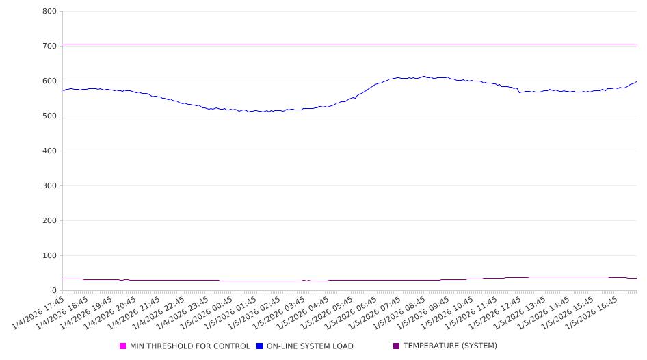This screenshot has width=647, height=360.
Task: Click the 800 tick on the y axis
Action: [49, 12]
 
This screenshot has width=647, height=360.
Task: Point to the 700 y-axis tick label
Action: [49, 47]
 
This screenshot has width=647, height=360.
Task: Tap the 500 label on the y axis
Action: [49, 116]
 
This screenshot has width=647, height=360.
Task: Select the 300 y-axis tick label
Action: [49, 186]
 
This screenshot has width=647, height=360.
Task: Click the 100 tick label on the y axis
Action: [49, 256]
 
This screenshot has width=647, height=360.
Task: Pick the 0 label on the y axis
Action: [53, 291]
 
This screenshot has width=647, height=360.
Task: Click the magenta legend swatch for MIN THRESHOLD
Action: [123, 346]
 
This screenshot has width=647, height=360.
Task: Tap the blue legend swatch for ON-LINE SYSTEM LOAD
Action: [260, 346]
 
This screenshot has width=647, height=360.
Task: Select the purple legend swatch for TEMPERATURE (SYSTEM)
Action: [397, 346]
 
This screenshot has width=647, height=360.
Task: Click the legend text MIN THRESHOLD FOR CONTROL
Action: [189, 346]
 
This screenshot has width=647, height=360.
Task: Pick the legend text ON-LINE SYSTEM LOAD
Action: [310, 346]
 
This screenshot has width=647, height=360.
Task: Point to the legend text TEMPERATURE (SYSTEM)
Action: [450, 346]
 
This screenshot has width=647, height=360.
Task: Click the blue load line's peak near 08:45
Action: [424, 77]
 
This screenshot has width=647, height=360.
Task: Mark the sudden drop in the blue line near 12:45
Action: [518, 91]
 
